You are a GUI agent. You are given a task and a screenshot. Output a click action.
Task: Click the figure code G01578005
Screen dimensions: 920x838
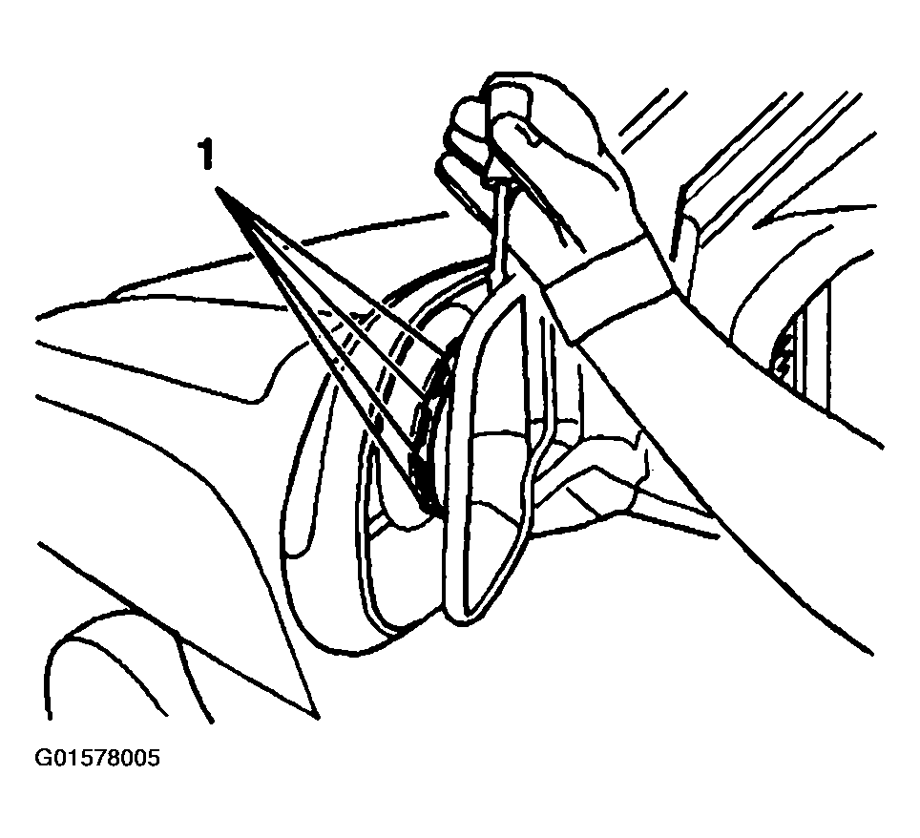(96, 758)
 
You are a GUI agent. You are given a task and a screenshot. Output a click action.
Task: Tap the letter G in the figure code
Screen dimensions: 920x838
(43, 758)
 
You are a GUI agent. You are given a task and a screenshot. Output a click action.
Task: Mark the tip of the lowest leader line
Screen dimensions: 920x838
(424, 506)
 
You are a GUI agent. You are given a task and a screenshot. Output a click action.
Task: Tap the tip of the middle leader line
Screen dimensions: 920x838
(424, 399)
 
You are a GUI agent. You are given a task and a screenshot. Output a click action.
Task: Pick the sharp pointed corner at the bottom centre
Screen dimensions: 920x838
(317, 716)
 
